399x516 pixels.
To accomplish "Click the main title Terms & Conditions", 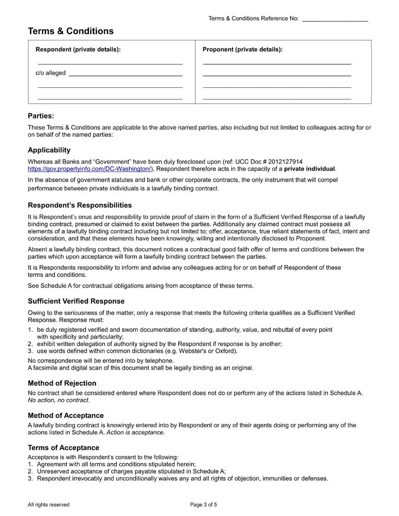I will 71,31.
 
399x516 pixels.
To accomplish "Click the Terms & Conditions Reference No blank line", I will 334,20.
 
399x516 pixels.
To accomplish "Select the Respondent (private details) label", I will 78,50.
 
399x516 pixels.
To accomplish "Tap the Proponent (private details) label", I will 243,50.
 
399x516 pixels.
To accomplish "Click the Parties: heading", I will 41,116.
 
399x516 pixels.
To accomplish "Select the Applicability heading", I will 49,150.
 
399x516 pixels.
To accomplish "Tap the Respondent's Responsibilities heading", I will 79,205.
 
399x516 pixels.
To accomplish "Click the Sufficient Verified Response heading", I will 76,301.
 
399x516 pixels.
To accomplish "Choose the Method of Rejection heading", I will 62,383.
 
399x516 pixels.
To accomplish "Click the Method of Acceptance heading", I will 66,415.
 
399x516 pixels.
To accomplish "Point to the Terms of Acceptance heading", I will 63,447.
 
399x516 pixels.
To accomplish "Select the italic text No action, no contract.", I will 58,400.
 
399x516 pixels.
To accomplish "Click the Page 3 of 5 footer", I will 203,505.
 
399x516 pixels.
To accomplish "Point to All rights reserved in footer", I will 49,505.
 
